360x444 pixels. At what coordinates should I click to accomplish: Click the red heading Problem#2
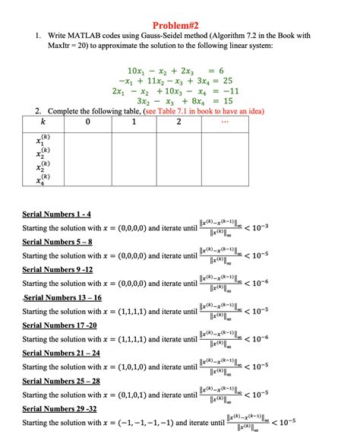[180, 24]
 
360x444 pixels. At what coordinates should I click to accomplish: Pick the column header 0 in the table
[88, 121]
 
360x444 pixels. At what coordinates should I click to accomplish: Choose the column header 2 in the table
[178, 121]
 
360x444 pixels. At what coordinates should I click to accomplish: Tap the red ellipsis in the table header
[223, 120]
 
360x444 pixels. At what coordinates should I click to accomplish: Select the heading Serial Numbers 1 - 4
[57, 214]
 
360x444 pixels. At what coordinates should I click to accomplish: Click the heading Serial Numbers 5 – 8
[57, 242]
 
